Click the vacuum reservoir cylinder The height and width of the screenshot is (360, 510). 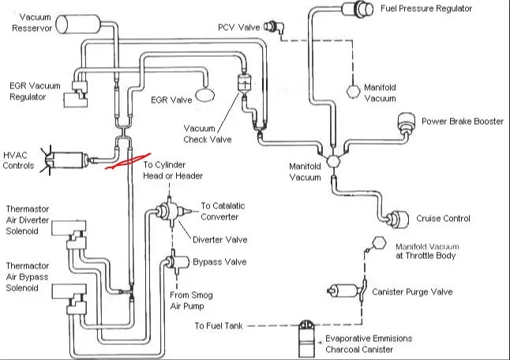tap(78, 24)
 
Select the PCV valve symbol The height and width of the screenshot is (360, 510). tap(273, 27)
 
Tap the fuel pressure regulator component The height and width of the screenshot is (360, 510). tap(358, 9)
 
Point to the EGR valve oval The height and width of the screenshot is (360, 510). tap(205, 95)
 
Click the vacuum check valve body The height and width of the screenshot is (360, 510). tap(244, 83)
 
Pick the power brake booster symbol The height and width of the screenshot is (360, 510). tap(407, 122)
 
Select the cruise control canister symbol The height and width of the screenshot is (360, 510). tap(398, 219)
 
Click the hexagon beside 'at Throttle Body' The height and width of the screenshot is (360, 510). tap(379, 243)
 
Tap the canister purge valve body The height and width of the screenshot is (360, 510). tap(347, 291)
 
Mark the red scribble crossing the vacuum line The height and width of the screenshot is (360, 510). tap(128, 162)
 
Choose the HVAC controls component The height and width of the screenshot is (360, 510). tap(65, 160)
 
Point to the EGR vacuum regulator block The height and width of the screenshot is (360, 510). tap(76, 94)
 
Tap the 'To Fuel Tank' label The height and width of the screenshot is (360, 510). tap(219, 325)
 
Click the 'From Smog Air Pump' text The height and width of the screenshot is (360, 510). tap(191, 301)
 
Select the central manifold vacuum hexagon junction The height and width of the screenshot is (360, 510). tap(333, 161)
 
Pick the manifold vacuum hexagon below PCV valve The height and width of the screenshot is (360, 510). tap(353, 92)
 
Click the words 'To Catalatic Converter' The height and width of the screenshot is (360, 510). tap(223, 211)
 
